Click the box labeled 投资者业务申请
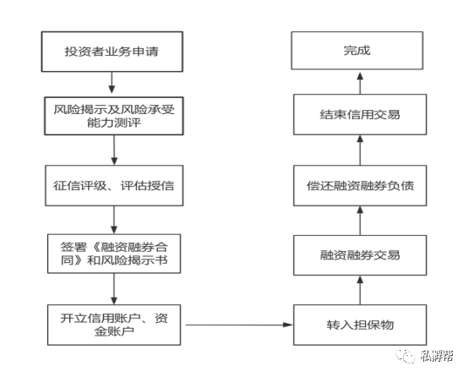[112, 52]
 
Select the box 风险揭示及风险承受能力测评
[114, 116]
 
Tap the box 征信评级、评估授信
[114, 185]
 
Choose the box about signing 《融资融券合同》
[114, 254]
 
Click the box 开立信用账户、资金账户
[114, 325]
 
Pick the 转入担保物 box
[360, 325]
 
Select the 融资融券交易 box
[360, 255]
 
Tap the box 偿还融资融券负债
[360, 185]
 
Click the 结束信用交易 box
[360, 114]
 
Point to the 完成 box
[357, 51]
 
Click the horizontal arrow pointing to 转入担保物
[239, 325]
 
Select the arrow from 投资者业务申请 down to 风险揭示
[112, 83]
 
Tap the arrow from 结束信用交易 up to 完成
[360, 83]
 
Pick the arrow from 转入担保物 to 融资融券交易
[360, 290]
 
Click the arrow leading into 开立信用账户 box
[114, 289]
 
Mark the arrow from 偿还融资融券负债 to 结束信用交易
[360, 150]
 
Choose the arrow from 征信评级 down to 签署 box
[114, 220]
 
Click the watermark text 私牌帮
[437, 356]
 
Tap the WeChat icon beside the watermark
[405, 356]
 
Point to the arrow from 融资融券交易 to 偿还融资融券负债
[360, 221]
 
